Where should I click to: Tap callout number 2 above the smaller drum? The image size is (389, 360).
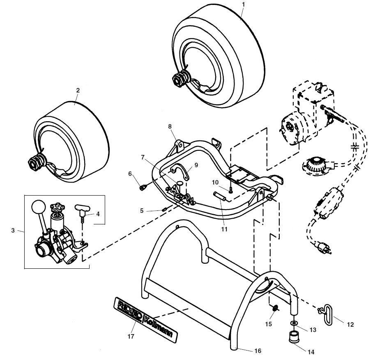click(78, 90)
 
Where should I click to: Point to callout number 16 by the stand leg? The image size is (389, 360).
click(258, 351)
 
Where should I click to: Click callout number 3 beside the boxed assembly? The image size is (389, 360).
click(13, 231)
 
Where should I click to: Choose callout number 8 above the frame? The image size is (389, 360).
click(170, 127)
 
